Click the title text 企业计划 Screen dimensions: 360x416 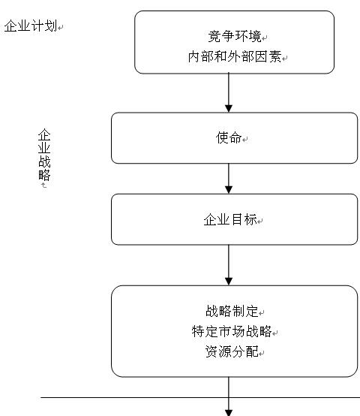(31, 26)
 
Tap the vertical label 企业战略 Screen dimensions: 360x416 (44, 155)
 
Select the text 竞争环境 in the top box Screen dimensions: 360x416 (235, 36)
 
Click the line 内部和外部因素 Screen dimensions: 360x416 (235, 57)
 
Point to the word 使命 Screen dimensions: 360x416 (229, 137)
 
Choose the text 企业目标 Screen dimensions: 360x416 (230, 220)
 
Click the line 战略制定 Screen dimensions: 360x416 (232, 311)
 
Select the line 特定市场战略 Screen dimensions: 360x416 (232, 331)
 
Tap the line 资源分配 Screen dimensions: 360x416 (232, 351)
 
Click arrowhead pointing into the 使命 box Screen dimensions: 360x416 (229, 109)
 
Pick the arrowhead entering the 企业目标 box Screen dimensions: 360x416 (229, 190)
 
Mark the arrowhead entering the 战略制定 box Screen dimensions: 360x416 (229, 282)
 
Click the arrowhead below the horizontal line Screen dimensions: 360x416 (229, 412)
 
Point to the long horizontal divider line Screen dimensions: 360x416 (200, 398)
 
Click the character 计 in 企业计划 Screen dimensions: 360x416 (37, 26)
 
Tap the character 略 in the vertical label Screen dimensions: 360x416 (44, 174)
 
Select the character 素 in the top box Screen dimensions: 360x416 (275, 57)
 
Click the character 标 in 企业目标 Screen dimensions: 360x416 (250, 220)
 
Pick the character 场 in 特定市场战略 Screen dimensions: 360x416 (238, 331)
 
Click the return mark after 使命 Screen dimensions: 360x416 (245, 139)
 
